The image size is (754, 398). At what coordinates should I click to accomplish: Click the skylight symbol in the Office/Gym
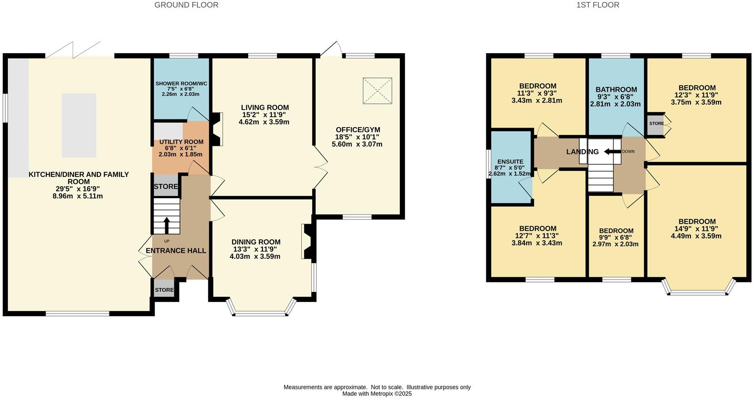(x=377, y=91)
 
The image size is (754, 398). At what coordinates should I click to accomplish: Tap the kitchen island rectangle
(x=79, y=125)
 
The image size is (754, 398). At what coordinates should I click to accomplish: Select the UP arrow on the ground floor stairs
(x=166, y=225)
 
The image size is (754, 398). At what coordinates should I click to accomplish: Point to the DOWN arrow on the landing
(x=612, y=151)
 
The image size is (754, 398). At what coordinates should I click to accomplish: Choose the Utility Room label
(x=181, y=142)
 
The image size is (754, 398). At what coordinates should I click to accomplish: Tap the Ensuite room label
(x=510, y=162)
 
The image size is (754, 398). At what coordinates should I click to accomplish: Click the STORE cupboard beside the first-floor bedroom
(x=656, y=124)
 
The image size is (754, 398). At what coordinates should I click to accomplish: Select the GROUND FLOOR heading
(x=186, y=5)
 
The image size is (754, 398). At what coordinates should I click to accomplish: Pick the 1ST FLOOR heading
(x=597, y=5)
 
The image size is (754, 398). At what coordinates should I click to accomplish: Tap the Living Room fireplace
(x=217, y=129)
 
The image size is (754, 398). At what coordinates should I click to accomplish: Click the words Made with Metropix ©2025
(x=377, y=394)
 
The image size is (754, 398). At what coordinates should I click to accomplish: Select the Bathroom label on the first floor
(x=616, y=90)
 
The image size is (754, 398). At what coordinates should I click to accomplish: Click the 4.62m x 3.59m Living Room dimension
(x=264, y=122)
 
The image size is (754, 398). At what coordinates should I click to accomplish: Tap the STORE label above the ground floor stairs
(x=166, y=186)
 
